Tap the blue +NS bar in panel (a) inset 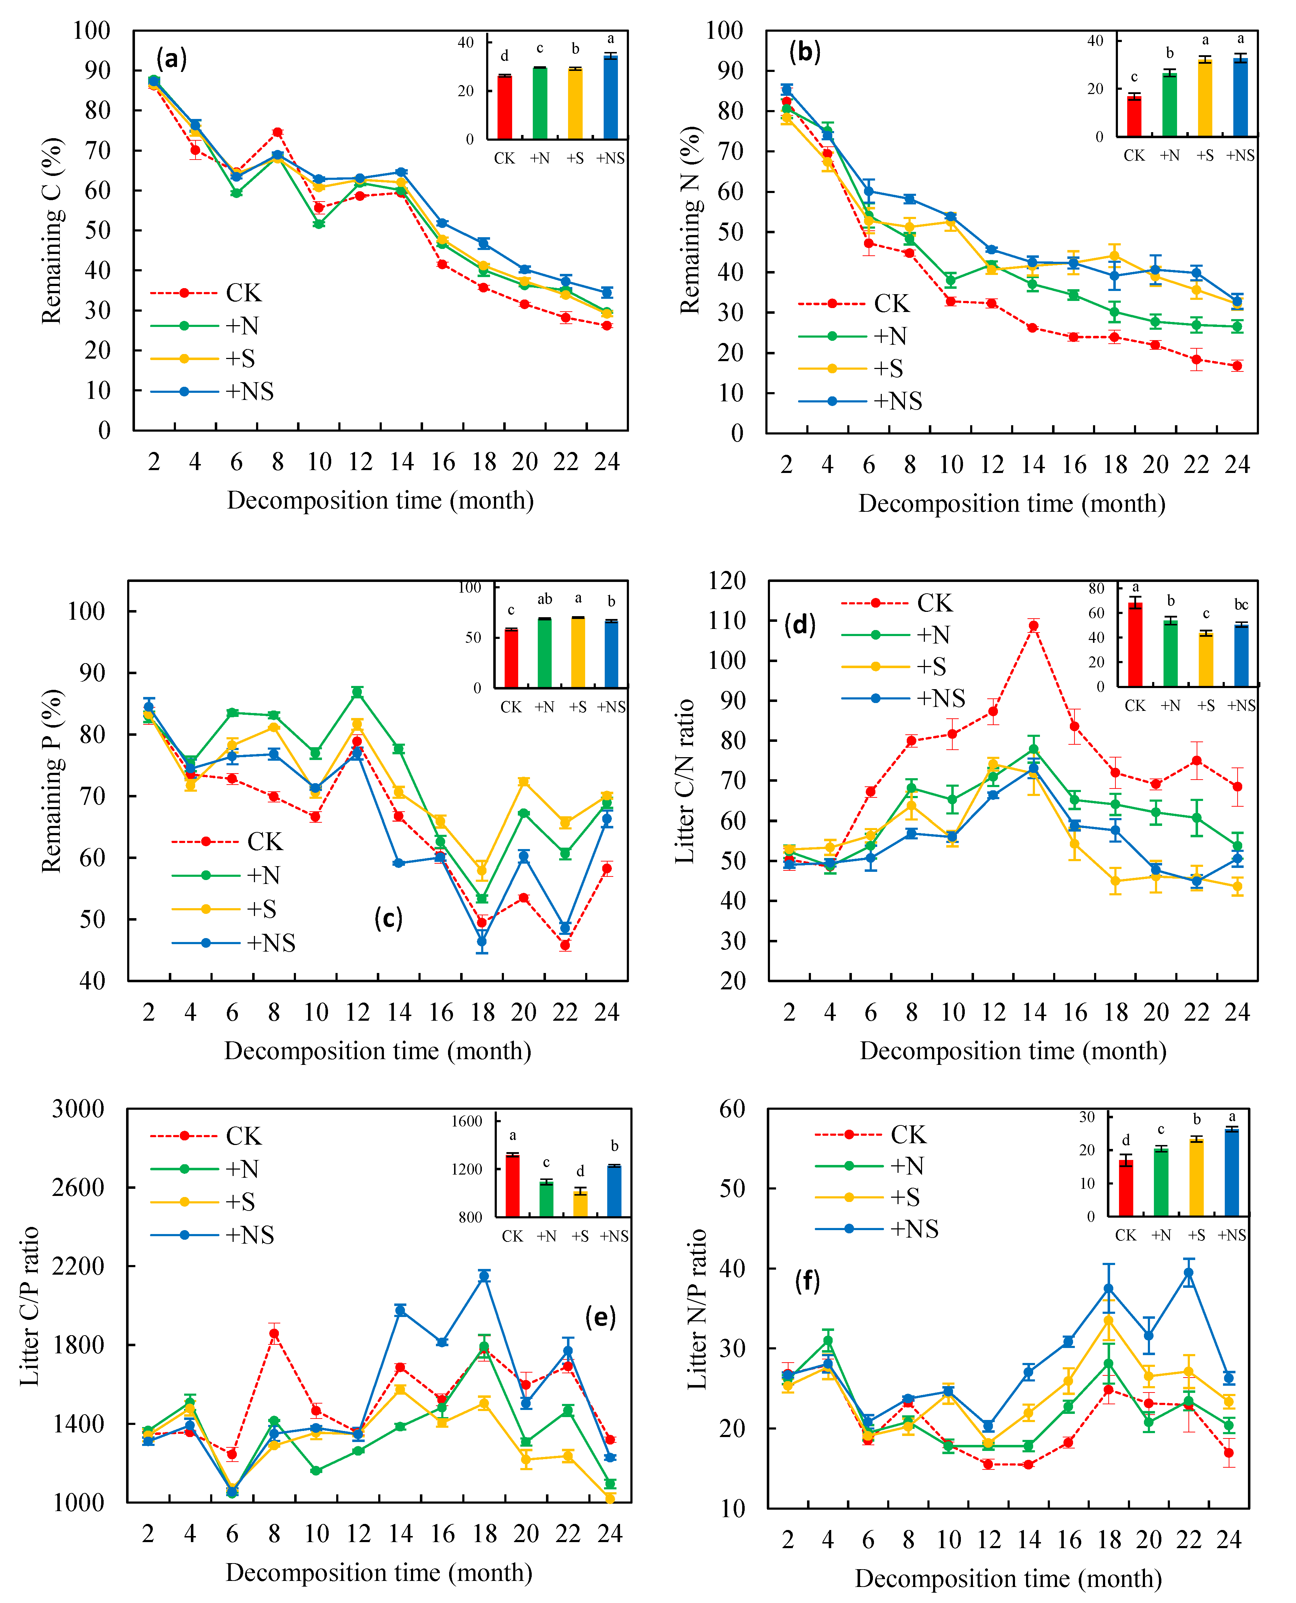coord(611,97)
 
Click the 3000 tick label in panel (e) coord(78,1109)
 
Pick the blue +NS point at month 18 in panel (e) coord(484,1276)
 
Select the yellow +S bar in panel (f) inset coord(1197,1177)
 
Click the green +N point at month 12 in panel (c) coord(358,692)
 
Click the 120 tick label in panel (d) coord(727,580)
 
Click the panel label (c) coord(388,917)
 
